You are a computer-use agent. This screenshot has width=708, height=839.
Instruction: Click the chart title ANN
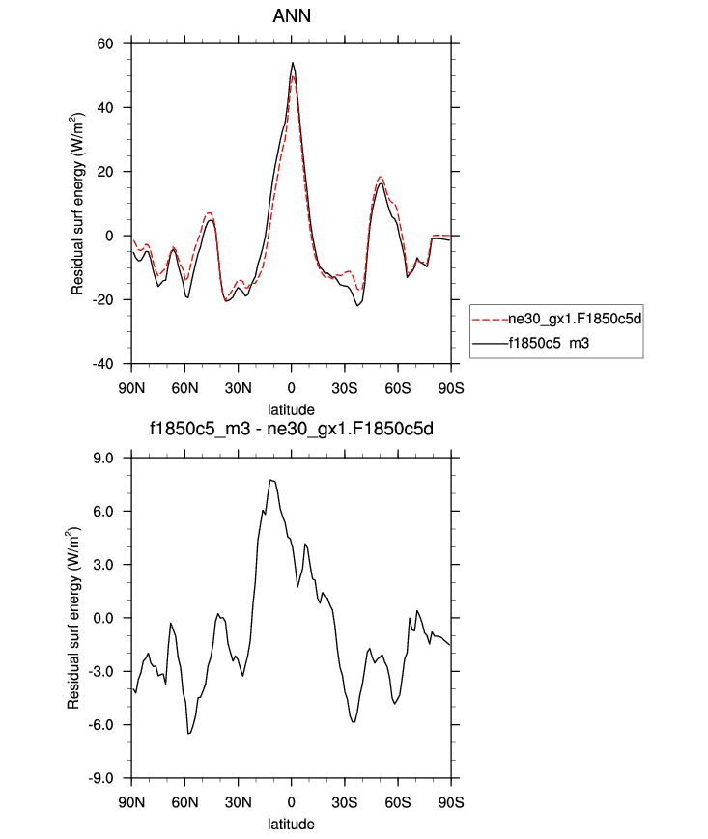pos(291,16)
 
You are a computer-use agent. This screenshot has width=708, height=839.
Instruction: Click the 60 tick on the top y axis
pos(105,43)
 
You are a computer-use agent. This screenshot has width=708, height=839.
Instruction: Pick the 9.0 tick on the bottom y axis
pos(103,458)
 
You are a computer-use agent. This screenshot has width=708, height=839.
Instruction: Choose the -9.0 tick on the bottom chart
pos(101,778)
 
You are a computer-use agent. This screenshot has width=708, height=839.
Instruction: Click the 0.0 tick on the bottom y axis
pos(103,618)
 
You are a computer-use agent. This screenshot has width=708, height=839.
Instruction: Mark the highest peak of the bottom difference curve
pos(271,480)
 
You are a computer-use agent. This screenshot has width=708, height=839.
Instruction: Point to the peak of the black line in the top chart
pos(292,63)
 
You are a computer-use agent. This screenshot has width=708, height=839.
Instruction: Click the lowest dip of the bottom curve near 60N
pos(189,734)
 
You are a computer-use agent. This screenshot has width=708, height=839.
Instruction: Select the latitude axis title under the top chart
pos(291,409)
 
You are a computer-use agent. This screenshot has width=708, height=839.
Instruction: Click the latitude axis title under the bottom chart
pos(291,825)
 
